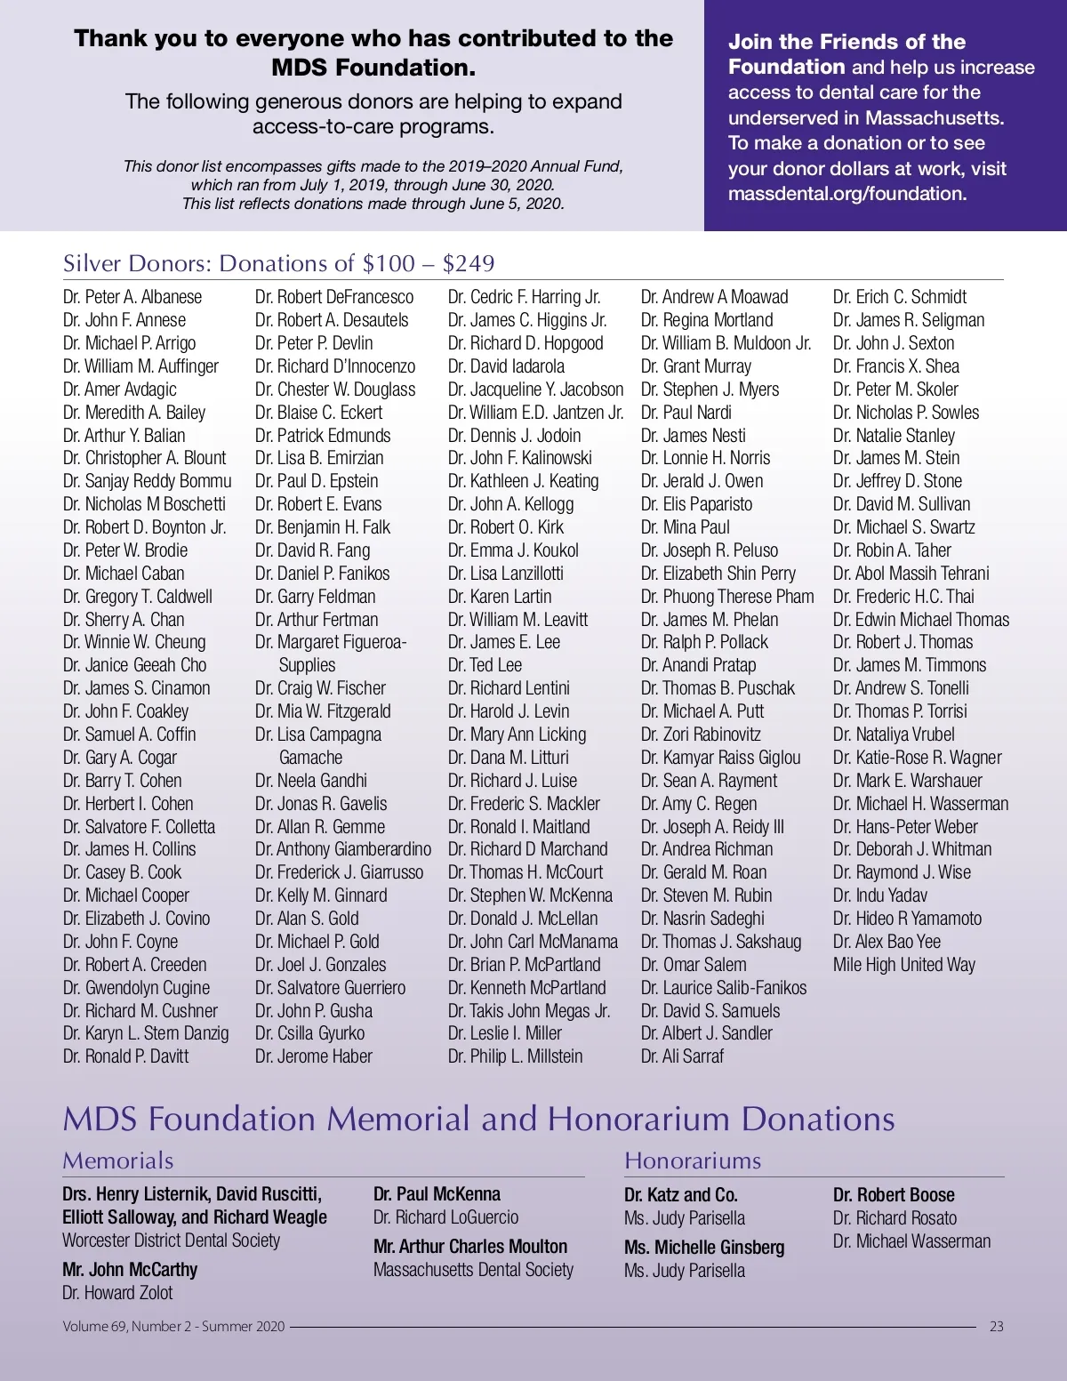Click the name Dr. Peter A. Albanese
click(132, 297)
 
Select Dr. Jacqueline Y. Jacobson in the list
click(535, 389)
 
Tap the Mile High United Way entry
click(903, 965)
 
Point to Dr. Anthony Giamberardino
click(342, 849)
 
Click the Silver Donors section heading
click(278, 263)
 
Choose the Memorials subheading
click(118, 1160)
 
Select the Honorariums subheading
click(693, 1160)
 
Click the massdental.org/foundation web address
click(846, 194)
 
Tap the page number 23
click(997, 1326)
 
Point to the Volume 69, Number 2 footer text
click(173, 1326)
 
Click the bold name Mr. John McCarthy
click(130, 1270)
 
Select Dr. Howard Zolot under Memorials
click(117, 1293)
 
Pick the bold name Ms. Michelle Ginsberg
click(704, 1248)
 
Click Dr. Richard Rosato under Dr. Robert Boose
click(895, 1218)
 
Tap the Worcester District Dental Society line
click(171, 1240)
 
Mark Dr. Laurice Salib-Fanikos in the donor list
click(724, 988)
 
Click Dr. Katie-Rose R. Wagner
click(917, 758)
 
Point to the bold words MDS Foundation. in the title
click(373, 68)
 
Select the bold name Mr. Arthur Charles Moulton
click(470, 1247)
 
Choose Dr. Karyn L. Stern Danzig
click(146, 1033)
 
